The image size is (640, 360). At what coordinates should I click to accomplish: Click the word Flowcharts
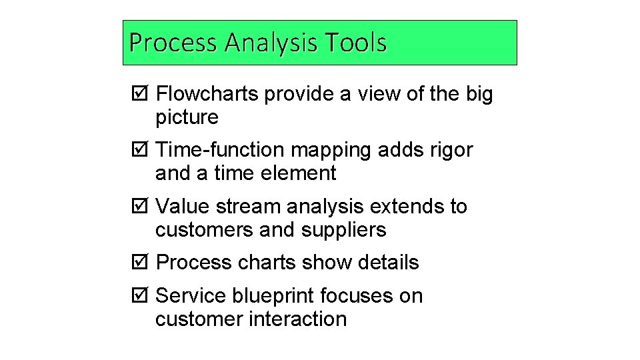tap(207, 95)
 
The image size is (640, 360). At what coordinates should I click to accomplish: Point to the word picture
tap(187, 118)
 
